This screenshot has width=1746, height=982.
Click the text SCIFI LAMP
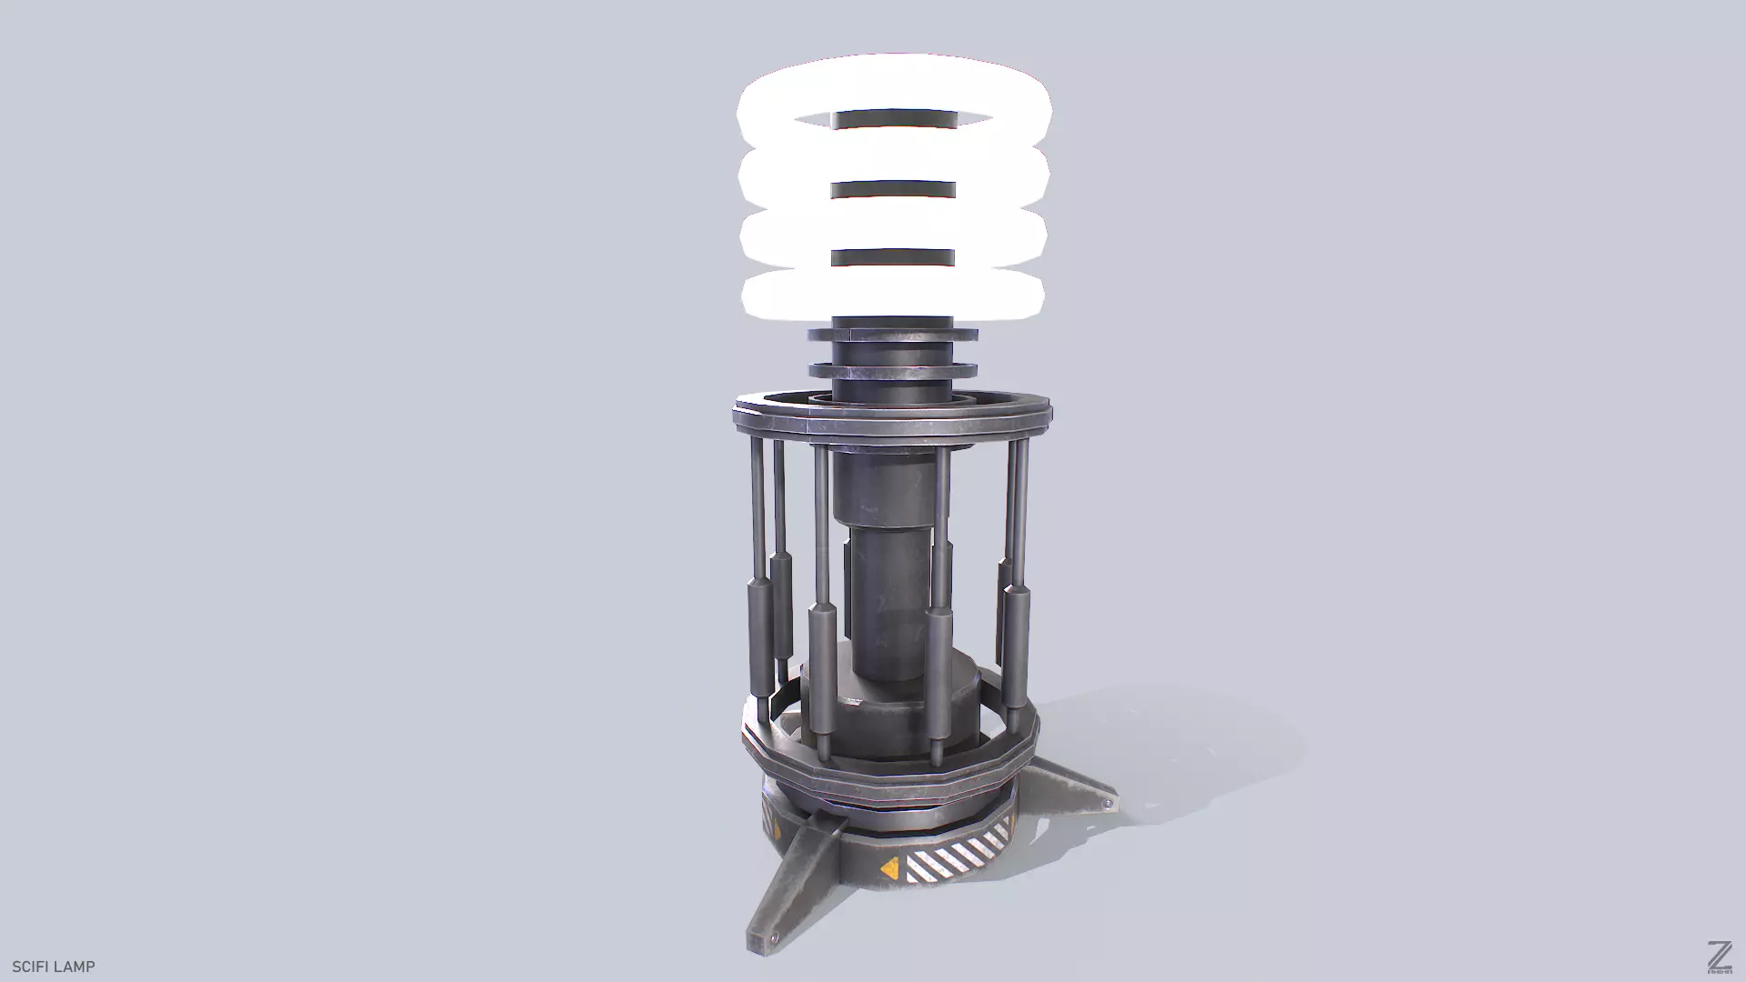[53, 967]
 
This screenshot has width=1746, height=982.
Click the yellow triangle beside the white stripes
[889, 867]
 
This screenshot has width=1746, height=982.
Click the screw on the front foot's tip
[774, 937]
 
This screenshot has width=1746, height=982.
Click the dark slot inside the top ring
[894, 119]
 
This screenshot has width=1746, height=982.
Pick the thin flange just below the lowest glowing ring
[892, 335]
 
